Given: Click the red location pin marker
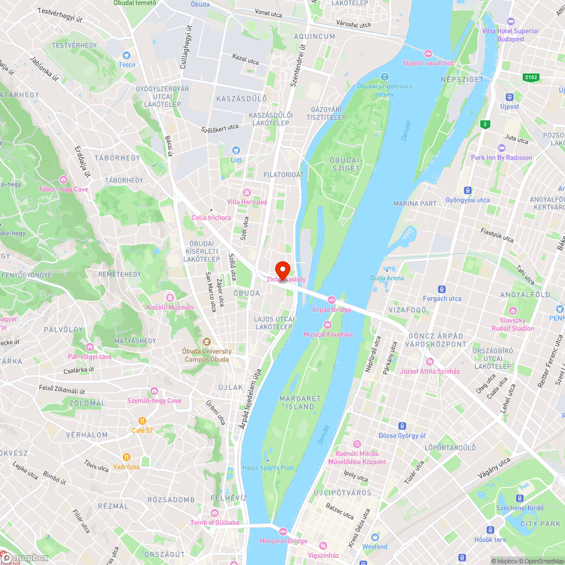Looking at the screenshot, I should (x=282, y=270).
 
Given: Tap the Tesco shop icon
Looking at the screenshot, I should (x=127, y=55).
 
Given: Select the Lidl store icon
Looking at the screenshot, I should (x=236, y=151).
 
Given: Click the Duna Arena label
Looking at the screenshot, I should (x=387, y=278).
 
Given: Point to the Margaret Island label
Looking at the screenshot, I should (x=300, y=402).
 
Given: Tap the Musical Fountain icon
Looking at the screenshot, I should (x=328, y=324).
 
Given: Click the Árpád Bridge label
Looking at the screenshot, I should (x=332, y=310).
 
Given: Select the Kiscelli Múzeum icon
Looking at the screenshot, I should (x=170, y=298).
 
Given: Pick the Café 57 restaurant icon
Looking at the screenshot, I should (x=142, y=421).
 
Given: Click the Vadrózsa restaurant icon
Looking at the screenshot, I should (x=126, y=457).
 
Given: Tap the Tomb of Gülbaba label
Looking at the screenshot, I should (x=214, y=523).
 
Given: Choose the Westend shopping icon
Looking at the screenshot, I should (x=375, y=537).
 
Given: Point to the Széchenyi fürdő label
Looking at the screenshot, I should (x=519, y=508).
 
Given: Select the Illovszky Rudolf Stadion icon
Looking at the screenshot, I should (x=512, y=311).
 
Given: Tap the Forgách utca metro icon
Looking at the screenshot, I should (x=442, y=289).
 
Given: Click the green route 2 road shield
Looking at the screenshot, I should (x=485, y=124).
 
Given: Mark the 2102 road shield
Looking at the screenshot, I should (x=531, y=77).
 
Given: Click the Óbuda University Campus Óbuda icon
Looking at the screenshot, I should (x=206, y=342).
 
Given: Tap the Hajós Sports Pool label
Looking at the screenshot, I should (x=268, y=468).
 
